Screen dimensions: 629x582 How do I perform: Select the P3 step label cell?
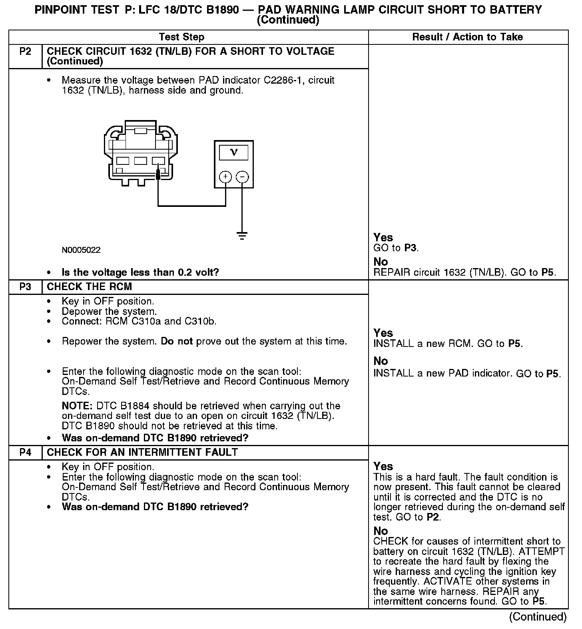point(25,287)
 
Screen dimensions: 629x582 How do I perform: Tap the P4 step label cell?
point(25,453)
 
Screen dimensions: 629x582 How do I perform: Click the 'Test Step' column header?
point(181,37)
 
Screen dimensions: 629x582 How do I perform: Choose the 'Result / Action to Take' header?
point(467,37)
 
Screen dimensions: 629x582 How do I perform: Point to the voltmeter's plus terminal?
point(225,177)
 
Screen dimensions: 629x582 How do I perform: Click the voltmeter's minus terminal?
point(242,177)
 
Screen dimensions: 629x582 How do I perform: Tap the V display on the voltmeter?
point(234,152)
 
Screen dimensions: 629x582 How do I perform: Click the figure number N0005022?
point(81,250)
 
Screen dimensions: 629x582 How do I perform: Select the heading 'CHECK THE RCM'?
point(90,287)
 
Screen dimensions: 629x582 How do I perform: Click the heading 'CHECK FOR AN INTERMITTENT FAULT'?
point(142,453)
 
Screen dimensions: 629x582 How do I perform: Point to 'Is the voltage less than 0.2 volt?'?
point(140,273)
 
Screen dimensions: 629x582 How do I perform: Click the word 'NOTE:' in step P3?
point(77,406)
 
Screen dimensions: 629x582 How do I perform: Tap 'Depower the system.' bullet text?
point(109,311)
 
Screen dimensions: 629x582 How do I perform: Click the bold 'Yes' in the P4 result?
point(383,467)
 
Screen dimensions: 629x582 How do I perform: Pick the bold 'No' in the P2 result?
point(381,262)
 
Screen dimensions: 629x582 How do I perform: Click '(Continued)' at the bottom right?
point(538,617)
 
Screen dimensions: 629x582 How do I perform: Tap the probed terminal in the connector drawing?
point(158,161)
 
